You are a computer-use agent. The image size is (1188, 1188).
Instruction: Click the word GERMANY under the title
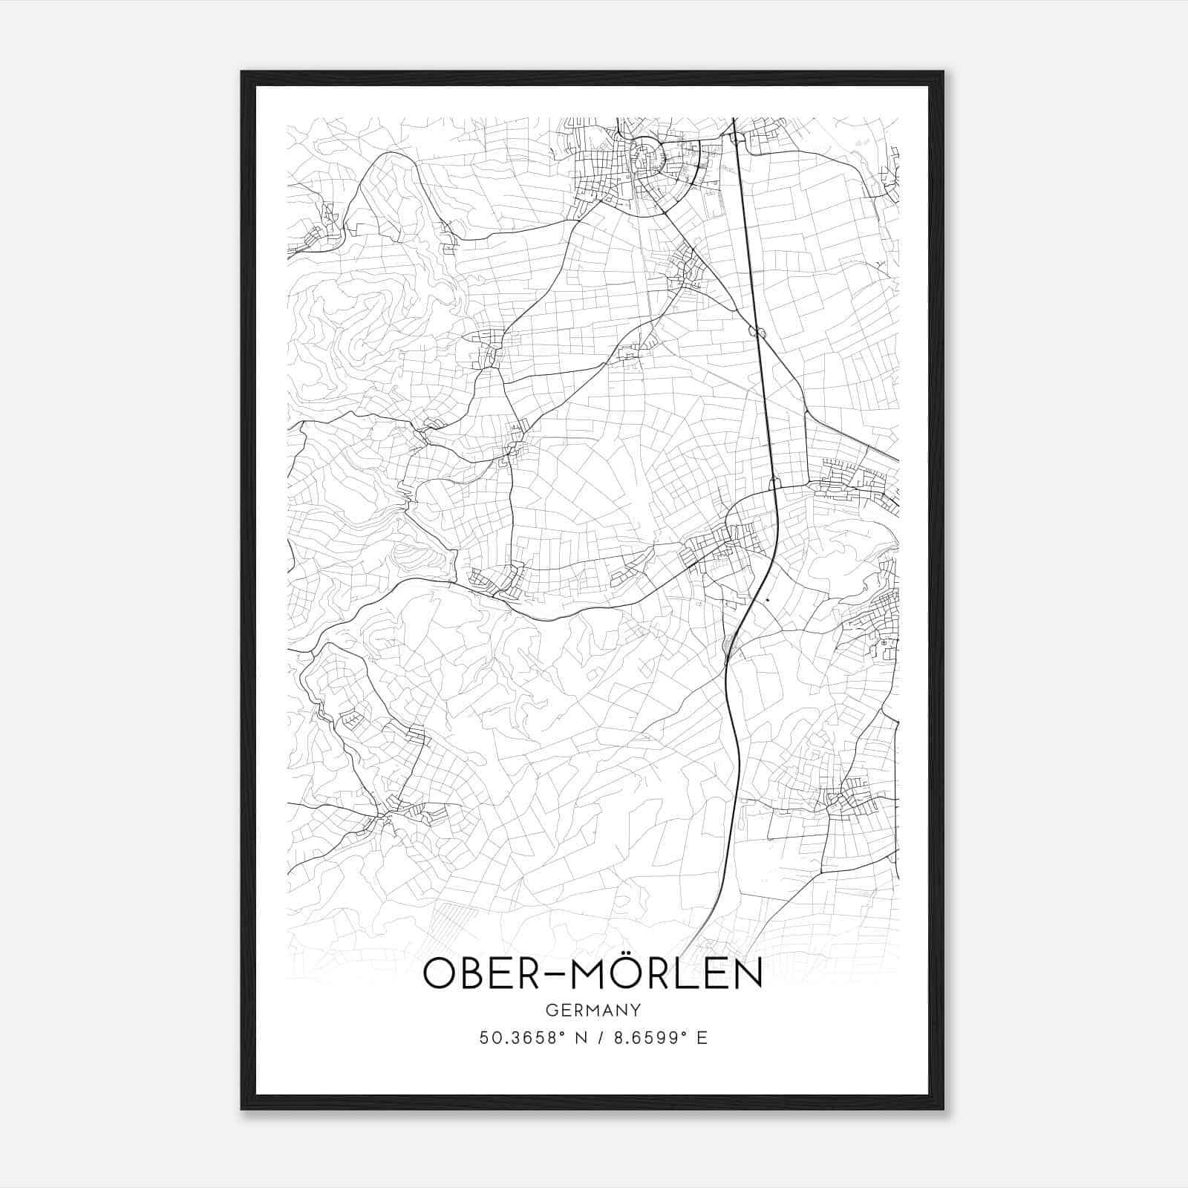tap(593, 1011)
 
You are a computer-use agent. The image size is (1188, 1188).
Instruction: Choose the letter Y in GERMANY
tap(635, 1011)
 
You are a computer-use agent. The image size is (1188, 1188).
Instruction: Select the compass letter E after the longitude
tap(702, 1038)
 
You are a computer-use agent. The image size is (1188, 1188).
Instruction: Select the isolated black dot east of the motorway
tap(767, 598)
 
